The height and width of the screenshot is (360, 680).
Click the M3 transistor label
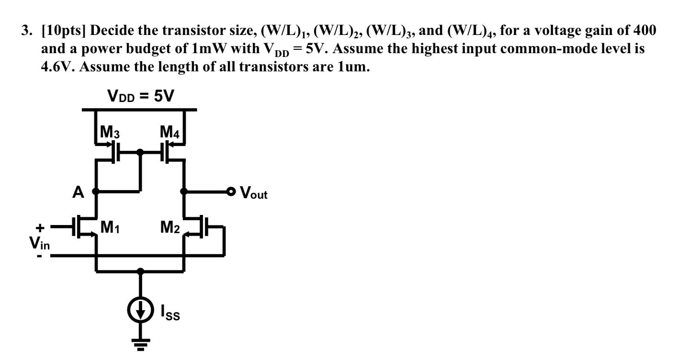click(x=108, y=133)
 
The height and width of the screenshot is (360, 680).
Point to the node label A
click(x=78, y=192)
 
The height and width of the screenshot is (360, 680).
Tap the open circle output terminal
click(x=232, y=192)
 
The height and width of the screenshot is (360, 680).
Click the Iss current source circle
click(x=140, y=311)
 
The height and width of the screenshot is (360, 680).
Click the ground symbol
click(x=140, y=344)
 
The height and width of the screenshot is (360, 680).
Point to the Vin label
click(x=40, y=243)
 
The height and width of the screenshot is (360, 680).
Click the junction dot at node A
click(x=96, y=192)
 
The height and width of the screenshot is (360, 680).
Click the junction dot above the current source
click(x=140, y=271)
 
